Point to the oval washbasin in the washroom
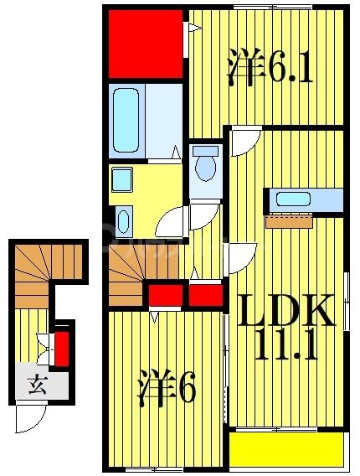(123, 222)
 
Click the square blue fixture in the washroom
(122, 178)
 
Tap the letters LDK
(287, 312)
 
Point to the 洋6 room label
(167, 388)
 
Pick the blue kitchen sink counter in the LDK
(305, 200)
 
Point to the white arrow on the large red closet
(193, 30)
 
